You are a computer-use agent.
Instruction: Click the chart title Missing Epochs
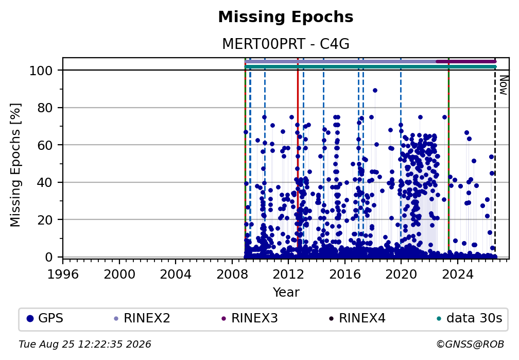pos(286,17)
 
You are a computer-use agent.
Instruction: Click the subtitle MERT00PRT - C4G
pos(286,44)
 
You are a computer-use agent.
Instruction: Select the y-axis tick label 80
pos(45,108)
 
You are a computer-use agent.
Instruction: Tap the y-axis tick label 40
pos(45,182)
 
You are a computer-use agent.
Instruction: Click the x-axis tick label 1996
pos(63,274)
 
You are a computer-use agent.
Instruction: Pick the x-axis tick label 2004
pos(176,274)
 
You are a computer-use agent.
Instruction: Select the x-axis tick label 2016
pos(344,274)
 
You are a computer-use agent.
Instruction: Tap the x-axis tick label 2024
pos(457,274)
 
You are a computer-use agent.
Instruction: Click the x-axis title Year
pos(286,292)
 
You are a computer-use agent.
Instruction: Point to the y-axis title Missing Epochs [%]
pos(15,165)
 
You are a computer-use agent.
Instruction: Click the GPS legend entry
pos(45,318)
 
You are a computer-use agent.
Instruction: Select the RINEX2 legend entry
pos(142,318)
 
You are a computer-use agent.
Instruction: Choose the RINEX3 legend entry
pos(250,318)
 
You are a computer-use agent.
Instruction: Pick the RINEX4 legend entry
pos(357,318)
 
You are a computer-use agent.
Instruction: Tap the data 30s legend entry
pos(470,318)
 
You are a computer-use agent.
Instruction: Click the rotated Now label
pos(503,85)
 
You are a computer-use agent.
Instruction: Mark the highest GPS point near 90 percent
pos(375,91)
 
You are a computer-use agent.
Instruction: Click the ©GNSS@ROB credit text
pos(470,345)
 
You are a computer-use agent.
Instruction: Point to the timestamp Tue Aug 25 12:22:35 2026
pos(85,345)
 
